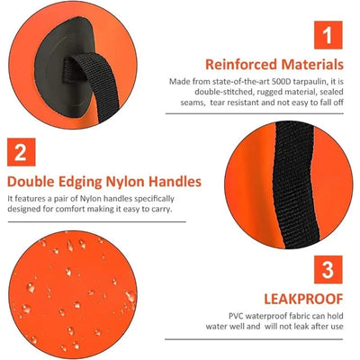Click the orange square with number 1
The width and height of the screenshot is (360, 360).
328,35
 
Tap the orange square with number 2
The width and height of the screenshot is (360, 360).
22,152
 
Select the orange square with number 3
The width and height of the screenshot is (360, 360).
328,269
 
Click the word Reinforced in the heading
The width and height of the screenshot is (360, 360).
241,65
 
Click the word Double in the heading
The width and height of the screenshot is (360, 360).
31,182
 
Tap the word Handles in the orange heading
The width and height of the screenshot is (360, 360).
175,182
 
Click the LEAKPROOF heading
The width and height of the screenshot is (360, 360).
303,299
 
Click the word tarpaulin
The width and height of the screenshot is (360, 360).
306,82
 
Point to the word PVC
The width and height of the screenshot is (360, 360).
237,316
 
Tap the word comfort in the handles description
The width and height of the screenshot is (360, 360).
70,209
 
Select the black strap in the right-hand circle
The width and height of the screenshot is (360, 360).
295,185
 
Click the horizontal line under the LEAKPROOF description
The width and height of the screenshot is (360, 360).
254,339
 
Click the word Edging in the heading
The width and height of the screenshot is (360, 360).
80,183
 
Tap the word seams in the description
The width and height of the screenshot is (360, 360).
193,103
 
